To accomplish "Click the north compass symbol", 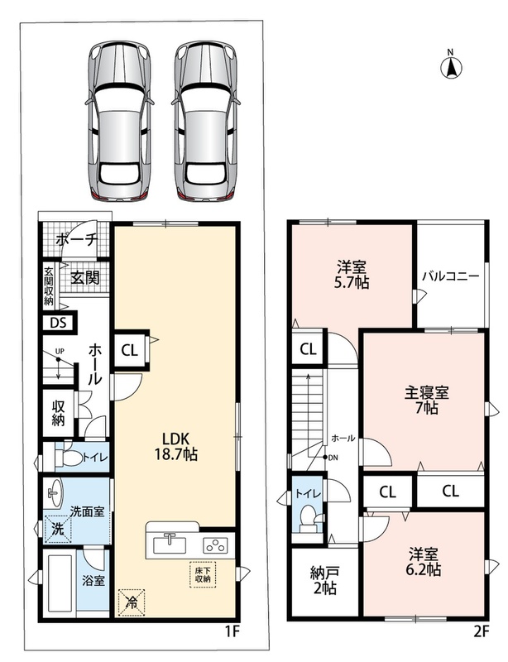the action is pos(451,65).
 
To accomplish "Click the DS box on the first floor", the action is pos(59,323).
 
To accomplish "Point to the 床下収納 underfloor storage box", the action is pos(203,574).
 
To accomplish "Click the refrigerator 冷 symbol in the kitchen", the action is pos(132,602).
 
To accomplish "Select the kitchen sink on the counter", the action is pos(170,544).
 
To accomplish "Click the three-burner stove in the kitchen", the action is pos(216,544).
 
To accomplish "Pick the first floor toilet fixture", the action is pos(69,458).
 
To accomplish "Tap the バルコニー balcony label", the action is pos(451,276).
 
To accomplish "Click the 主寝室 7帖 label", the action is pos(426,400).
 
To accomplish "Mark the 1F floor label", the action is pos(232,631).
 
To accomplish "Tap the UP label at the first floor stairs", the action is pos(60,351).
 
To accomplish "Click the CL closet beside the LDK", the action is pos(130,350).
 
